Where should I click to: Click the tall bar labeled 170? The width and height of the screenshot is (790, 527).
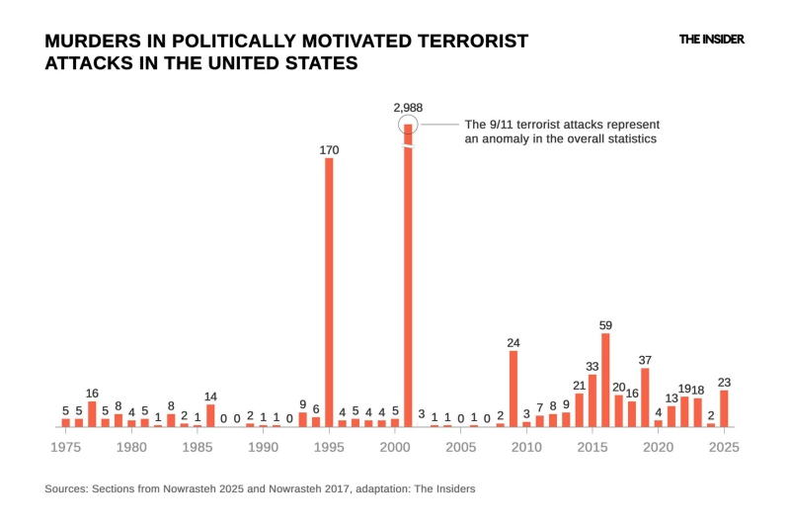pyautogui.click(x=329, y=292)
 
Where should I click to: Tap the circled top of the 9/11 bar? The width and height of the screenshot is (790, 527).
pyautogui.click(x=408, y=125)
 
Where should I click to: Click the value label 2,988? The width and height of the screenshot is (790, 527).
pyautogui.click(x=408, y=107)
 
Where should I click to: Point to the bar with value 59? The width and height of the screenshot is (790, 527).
pyautogui.click(x=605, y=380)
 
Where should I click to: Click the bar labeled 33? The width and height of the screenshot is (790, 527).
pyautogui.click(x=592, y=400)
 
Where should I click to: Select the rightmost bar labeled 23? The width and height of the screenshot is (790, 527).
pyautogui.click(x=724, y=408)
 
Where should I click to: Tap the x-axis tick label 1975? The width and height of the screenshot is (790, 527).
pyautogui.click(x=66, y=447)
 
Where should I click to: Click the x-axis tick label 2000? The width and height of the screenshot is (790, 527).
pyautogui.click(x=395, y=447)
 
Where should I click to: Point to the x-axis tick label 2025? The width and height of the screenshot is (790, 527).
pyautogui.click(x=724, y=447)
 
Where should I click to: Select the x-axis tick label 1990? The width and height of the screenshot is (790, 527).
pyautogui.click(x=264, y=447)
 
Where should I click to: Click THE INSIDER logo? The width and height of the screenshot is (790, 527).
pyautogui.click(x=711, y=40)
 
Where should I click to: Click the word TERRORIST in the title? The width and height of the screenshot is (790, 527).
pyautogui.click(x=462, y=42)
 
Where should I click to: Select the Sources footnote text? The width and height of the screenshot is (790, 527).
pyautogui.click(x=260, y=488)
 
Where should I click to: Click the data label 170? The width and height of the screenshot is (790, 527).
pyautogui.click(x=329, y=150)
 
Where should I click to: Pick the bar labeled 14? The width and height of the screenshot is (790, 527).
pyautogui.click(x=210, y=415)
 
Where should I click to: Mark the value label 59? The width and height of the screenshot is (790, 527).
pyautogui.click(x=605, y=324)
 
